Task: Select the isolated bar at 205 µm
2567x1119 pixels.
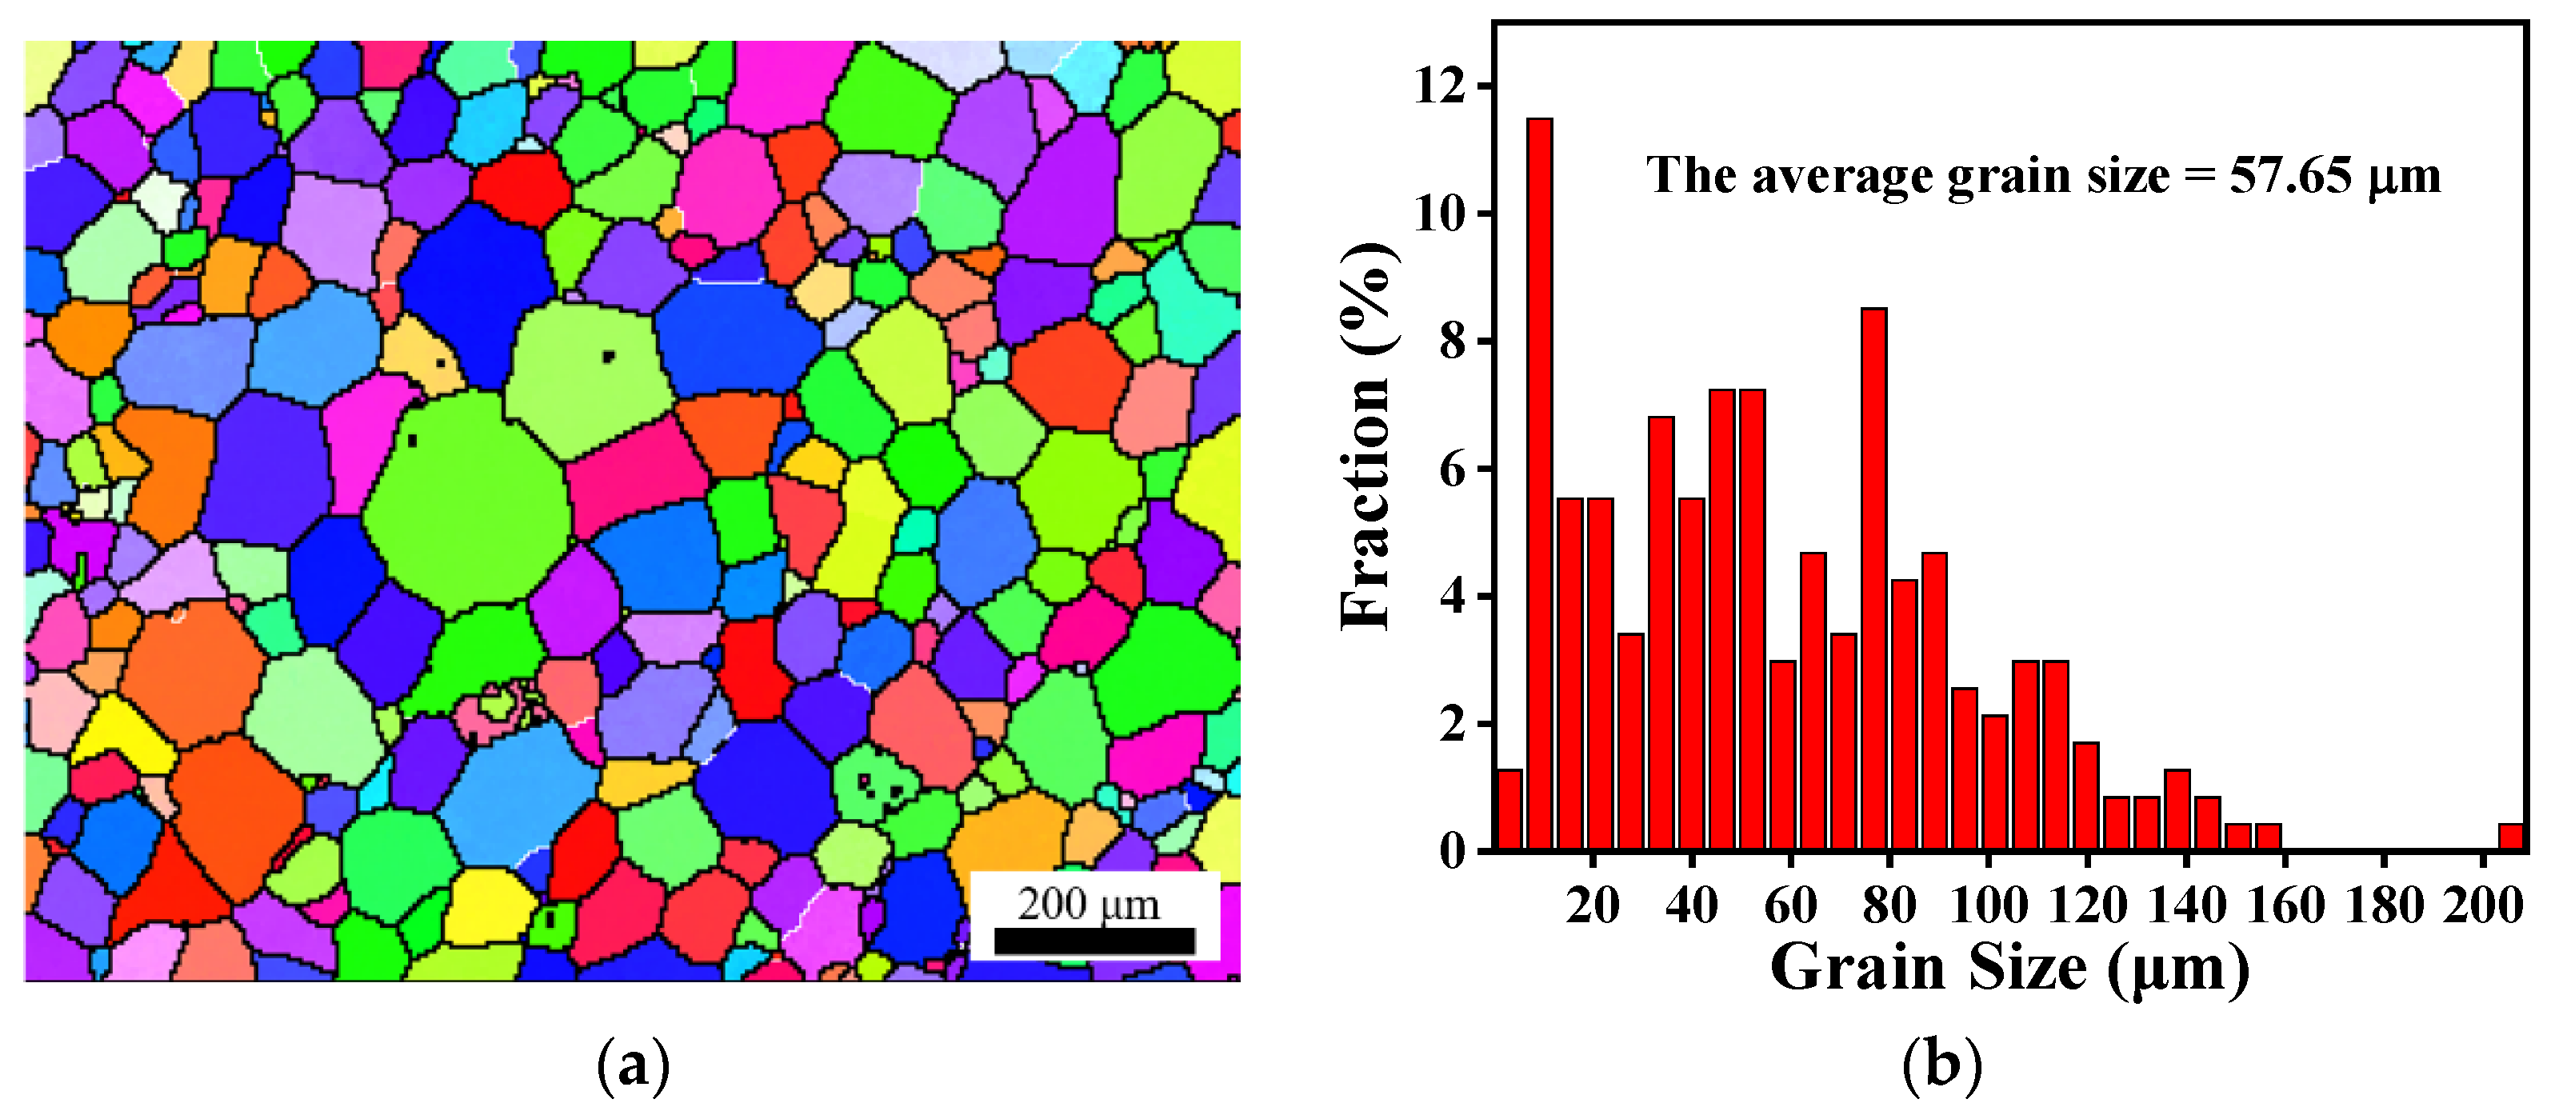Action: point(2510,837)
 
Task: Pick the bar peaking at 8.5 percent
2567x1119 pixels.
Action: point(1873,578)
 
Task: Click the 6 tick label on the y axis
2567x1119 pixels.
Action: point(1453,470)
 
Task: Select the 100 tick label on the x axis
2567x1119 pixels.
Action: point(1988,905)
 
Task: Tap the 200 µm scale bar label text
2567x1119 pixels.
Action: point(1088,905)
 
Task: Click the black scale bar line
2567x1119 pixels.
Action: point(1094,941)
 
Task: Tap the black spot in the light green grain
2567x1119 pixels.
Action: point(608,356)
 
